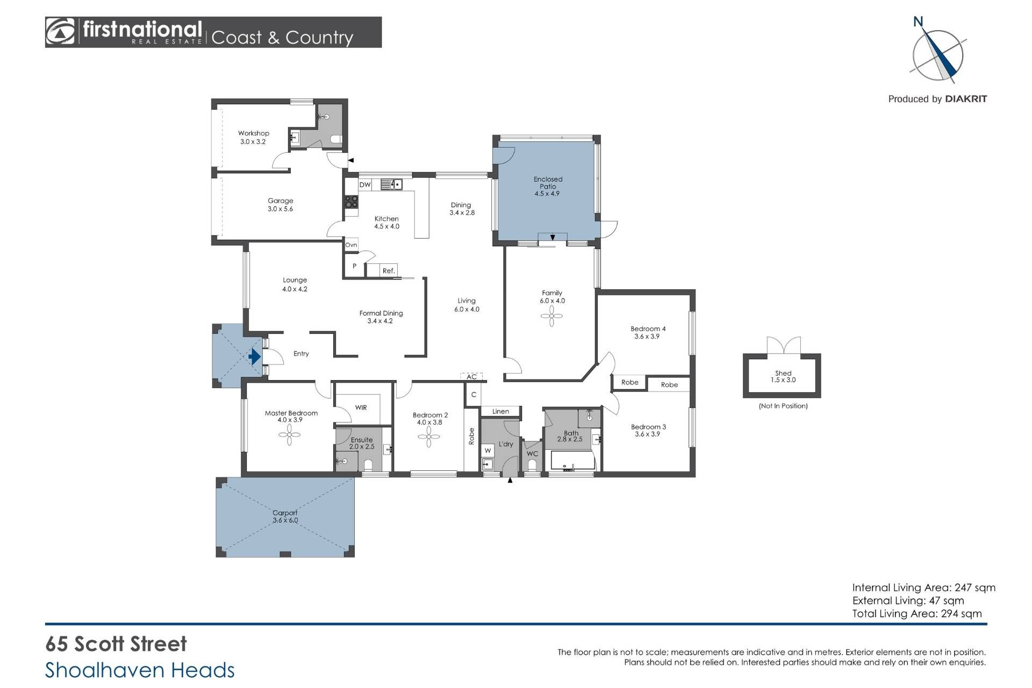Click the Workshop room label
pos(254,133)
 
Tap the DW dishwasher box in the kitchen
pos(365,185)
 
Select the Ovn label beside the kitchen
pos(351,245)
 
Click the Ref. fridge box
pos(389,271)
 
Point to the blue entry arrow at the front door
pos(255,356)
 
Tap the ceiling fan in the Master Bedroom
pos(289,435)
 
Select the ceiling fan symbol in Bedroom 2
pos(429,436)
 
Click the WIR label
pos(361,408)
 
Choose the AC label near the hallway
pos(471,377)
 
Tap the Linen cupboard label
pos(500,412)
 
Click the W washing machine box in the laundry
pos(488,450)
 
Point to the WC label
pos(532,454)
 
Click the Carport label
pos(285,513)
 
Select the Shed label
pos(783,373)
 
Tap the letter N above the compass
pos(918,21)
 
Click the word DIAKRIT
pos(966,99)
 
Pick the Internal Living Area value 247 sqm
pos(975,588)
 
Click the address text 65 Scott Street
pos(116,644)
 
